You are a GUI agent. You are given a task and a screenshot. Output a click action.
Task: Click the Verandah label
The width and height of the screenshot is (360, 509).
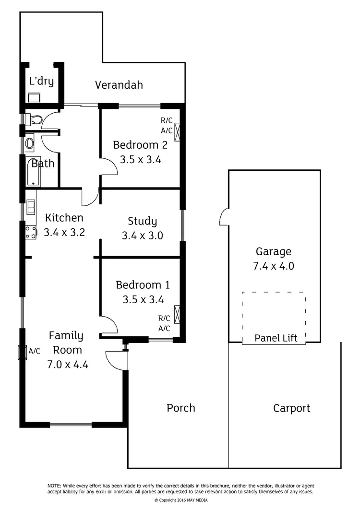(x=119, y=85)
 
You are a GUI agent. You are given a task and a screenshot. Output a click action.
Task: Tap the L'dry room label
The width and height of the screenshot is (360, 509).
(x=41, y=81)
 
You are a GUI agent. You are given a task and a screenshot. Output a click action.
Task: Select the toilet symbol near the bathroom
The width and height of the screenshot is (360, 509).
(x=34, y=118)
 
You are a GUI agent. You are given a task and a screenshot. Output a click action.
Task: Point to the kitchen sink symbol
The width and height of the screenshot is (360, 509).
(x=31, y=207)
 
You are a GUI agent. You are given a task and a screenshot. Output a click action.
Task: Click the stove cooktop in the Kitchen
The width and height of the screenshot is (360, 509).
(x=31, y=233)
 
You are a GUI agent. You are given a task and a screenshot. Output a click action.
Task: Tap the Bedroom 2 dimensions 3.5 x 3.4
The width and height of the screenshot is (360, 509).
(x=140, y=159)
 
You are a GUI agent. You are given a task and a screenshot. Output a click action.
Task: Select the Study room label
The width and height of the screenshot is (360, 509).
(x=142, y=221)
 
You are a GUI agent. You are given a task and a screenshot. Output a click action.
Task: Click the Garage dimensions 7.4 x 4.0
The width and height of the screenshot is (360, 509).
(x=273, y=266)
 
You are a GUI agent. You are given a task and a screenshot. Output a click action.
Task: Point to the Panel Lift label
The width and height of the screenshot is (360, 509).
(x=276, y=338)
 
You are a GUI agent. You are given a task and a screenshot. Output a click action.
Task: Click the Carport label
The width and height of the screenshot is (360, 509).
(x=291, y=408)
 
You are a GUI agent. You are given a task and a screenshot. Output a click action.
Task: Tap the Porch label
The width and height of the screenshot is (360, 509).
(x=181, y=408)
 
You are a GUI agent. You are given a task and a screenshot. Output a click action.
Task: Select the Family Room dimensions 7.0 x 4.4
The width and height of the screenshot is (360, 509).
(x=68, y=364)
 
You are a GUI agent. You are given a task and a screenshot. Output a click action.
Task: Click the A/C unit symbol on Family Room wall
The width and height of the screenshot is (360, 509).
(x=21, y=352)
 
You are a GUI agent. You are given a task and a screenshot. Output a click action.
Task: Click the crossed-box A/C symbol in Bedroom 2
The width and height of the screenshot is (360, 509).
(x=178, y=131)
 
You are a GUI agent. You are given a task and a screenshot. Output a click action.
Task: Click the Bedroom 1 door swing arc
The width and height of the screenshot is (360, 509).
(x=109, y=324)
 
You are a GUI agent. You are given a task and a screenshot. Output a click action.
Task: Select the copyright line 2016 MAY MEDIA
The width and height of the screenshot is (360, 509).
(x=181, y=500)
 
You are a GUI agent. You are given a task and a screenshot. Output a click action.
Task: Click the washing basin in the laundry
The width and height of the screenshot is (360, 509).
(x=34, y=98)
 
